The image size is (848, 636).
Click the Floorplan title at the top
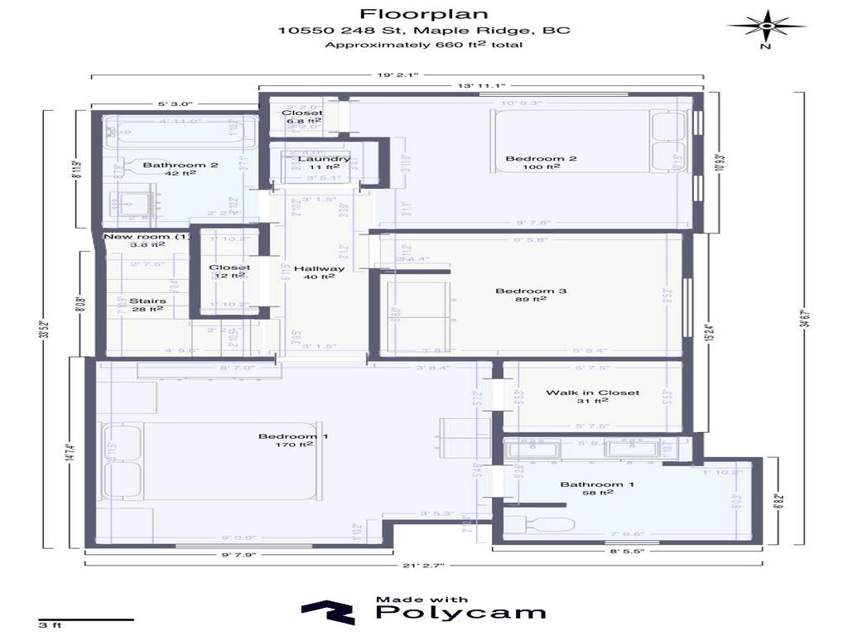point(423,13)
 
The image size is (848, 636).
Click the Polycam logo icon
point(328,613)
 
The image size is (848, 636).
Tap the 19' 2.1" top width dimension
point(397,75)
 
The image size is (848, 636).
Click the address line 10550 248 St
point(423,30)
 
